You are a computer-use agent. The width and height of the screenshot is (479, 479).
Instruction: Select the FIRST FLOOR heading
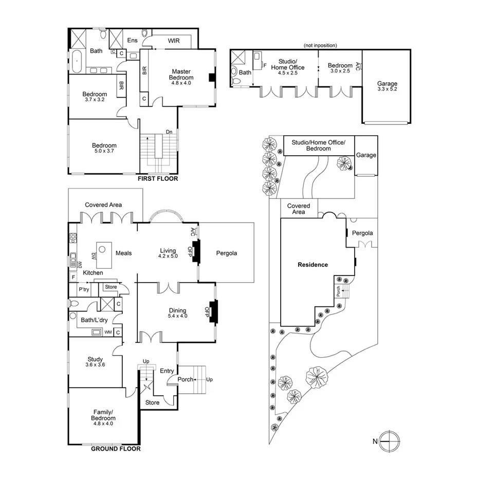pyautogui.click(x=157, y=179)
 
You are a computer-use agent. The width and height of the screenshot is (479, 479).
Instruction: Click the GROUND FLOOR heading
pyautogui.click(x=116, y=448)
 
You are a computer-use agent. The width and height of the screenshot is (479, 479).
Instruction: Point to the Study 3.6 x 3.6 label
pyautogui.click(x=95, y=362)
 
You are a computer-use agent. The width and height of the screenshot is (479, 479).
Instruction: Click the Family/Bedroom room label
pyautogui.click(x=104, y=415)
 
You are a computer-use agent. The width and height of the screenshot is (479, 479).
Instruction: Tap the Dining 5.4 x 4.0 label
pyautogui.click(x=177, y=313)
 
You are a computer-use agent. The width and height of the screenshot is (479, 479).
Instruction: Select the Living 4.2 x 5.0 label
pyautogui.click(x=168, y=253)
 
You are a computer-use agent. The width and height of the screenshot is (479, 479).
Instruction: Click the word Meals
pyautogui.click(x=124, y=253)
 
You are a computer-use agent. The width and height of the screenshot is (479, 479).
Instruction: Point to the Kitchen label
pyautogui.click(x=93, y=272)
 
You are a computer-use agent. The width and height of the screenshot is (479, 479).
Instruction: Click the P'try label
pyautogui.click(x=84, y=289)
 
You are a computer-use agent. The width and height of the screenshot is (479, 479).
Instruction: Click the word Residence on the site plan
pyautogui.click(x=312, y=265)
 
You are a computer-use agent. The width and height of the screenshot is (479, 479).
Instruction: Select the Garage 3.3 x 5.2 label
pyautogui.click(x=387, y=86)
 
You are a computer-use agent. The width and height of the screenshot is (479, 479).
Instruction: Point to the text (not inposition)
pyautogui.click(x=320, y=45)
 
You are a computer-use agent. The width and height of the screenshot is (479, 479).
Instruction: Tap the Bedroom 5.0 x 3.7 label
pyautogui.click(x=104, y=149)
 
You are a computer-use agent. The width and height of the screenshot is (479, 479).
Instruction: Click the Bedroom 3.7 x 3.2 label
pyautogui.click(x=95, y=97)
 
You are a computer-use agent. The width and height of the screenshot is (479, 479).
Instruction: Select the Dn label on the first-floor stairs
pyautogui.click(x=169, y=132)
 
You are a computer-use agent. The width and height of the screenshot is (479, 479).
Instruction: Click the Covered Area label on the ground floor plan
pyautogui.click(x=103, y=205)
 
